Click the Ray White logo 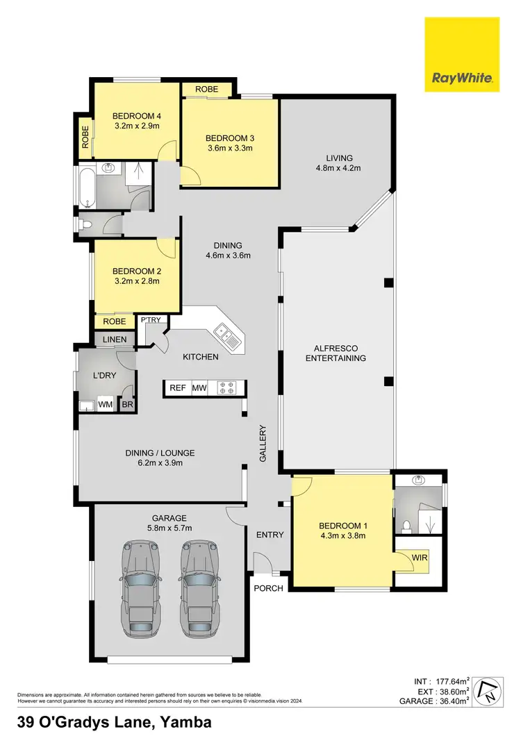pos(462,55)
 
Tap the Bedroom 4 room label pos(137,116)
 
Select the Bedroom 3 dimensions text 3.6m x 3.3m pos(229,148)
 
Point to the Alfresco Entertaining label pos(339,352)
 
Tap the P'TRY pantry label pos(150,320)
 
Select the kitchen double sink pos(227,337)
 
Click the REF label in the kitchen pos(178,388)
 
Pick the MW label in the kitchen pos(199,388)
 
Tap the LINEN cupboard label pos(115,339)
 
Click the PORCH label pos(269,588)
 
